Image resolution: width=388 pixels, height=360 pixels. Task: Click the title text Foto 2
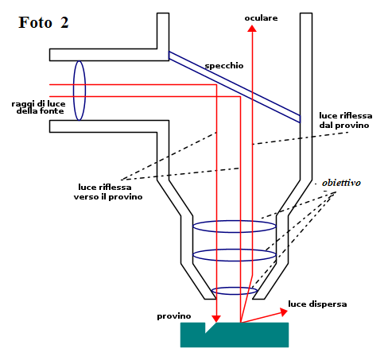coord(44,22)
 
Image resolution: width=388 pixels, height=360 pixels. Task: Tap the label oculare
coord(261,18)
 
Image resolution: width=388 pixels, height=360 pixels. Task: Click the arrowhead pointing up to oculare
coord(252,29)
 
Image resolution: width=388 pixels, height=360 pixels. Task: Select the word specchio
coord(224,66)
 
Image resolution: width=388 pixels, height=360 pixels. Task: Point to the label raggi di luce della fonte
coord(38,107)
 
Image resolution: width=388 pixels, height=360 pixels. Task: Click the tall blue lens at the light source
coord(80,91)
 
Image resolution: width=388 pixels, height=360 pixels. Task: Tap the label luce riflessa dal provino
coord(346,120)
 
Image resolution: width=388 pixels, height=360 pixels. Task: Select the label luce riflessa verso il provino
coord(108,192)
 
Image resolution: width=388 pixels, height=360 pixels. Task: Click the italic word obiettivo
coord(341,183)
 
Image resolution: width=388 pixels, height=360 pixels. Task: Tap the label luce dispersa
coord(317,304)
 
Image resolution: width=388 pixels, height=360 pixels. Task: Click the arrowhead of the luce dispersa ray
coord(284,312)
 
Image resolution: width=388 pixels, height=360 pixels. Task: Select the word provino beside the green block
coord(174,316)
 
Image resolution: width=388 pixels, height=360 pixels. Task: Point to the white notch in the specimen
coord(209,327)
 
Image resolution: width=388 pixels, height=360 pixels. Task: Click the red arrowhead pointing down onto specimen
coord(216,319)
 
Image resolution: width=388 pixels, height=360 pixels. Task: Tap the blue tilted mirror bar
coord(235,87)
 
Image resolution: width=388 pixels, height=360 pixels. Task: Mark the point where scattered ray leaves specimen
coord(241,323)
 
